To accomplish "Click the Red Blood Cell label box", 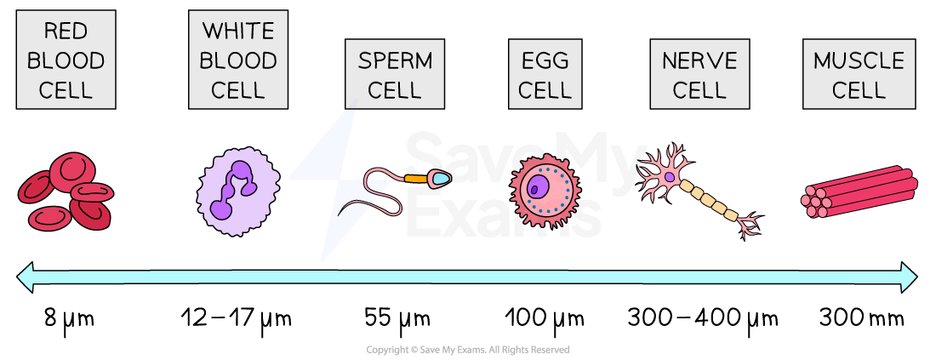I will pyautogui.click(x=66, y=60).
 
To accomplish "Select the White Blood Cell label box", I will pyautogui.click(x=238, y=60).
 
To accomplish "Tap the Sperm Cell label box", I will pyautogui.click(x=395, y=74).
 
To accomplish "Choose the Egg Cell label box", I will pyautogui.click(x=545, y=74).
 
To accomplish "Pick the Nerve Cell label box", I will pyautogui.click(x=699, y=74).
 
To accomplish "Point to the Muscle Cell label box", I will pyautogui.click(x=859, y=74).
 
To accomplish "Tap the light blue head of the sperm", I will pyautogui.click(x=439, y=178).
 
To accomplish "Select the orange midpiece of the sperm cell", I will pyautogui.click(x=416, y=179).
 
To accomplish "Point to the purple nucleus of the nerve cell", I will pyautogui.click(x=670, y=177).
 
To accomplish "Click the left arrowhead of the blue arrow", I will pyautogui.click(x=26, y=277).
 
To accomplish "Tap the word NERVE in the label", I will pyautogui.click(x=699, y=60).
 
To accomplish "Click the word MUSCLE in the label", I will pyautogui.click(x=859, y=60).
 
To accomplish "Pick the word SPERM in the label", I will pyautogui.click(x=395, y=60).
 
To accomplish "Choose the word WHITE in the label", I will pyautogui.click(x=238, y=31).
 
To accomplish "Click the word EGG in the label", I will pyautogui.click(x=545, y=60).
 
